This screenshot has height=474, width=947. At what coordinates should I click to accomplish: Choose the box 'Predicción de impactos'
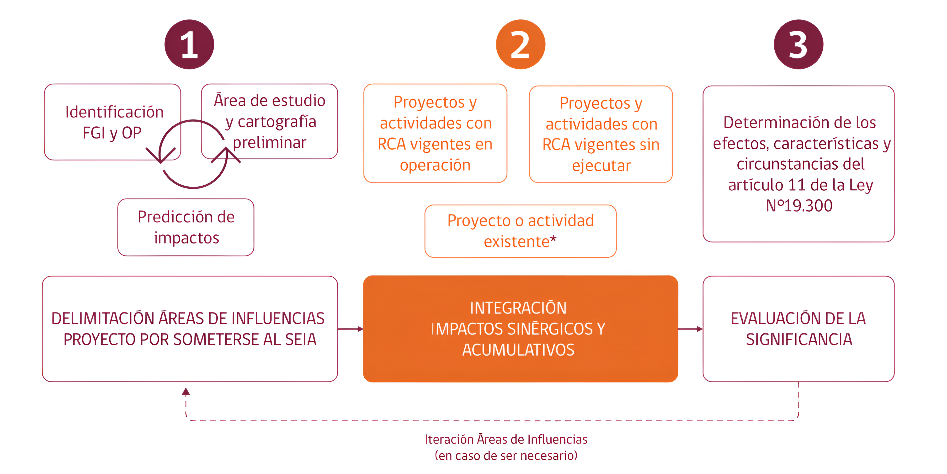[186, 227]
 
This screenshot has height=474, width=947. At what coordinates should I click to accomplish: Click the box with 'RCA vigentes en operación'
[435, 133]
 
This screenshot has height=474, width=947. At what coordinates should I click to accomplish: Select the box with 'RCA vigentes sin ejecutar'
[601, 134]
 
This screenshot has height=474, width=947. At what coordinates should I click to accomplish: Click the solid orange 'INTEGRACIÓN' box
[520, 328]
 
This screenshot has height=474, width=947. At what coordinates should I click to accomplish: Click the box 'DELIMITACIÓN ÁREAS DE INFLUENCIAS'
[190, 328]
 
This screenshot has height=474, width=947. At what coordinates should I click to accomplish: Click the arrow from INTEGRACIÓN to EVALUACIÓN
[690, 329]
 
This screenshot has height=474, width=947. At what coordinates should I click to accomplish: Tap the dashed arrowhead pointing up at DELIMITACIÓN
[186, 392]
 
